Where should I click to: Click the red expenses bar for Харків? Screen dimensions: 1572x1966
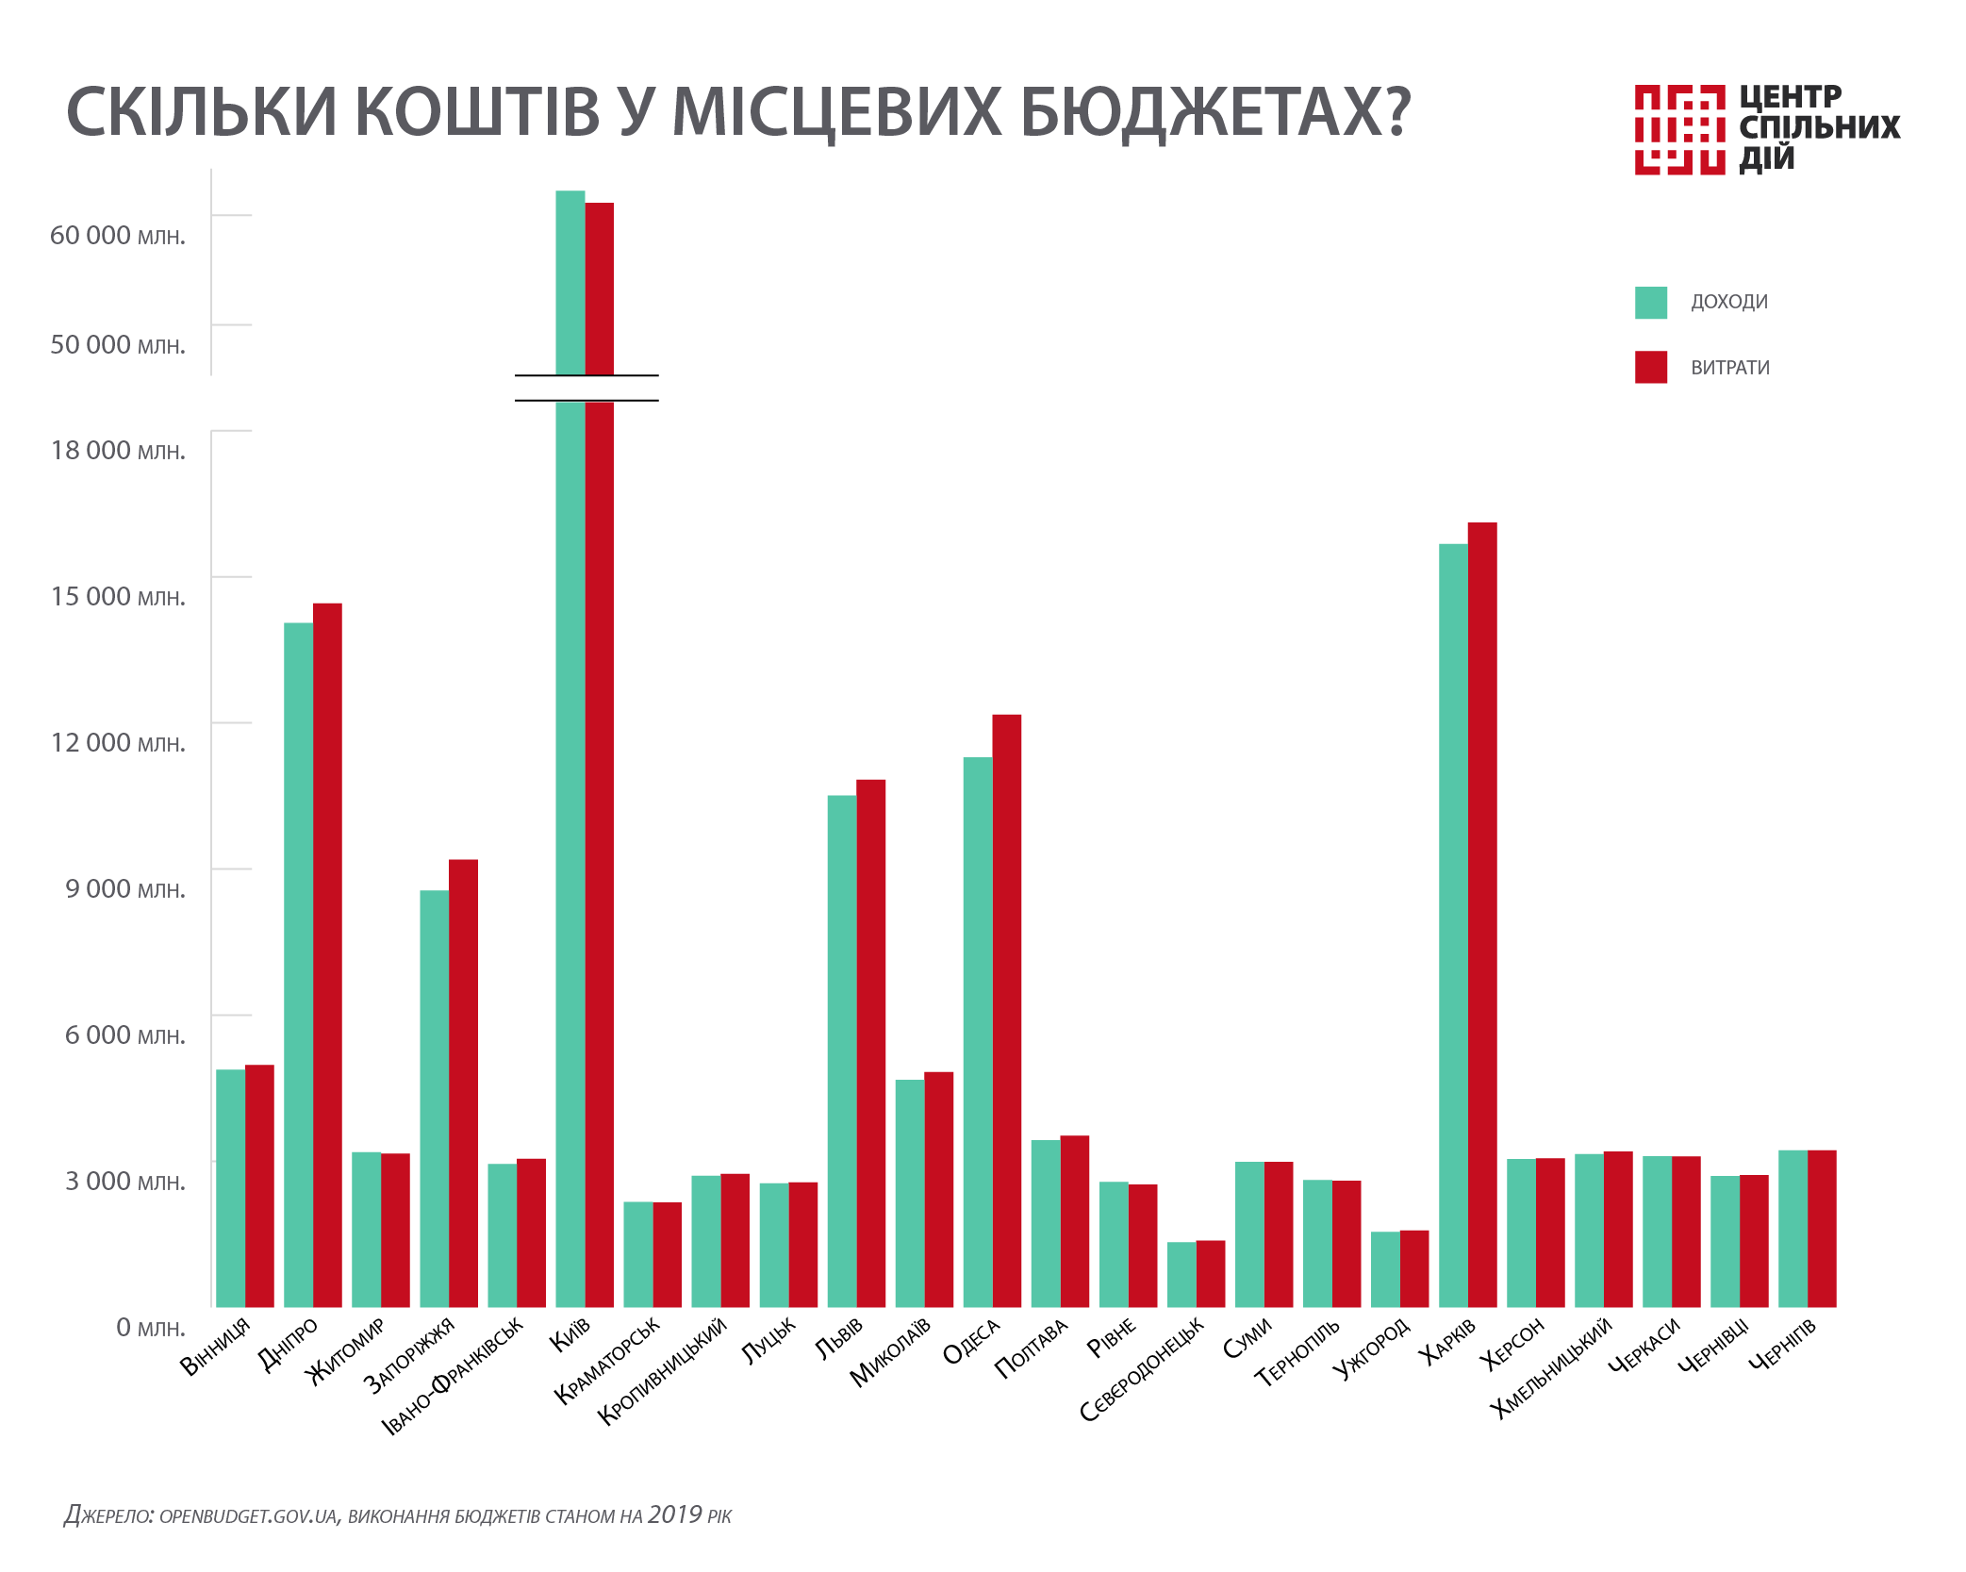tap(1482, 915)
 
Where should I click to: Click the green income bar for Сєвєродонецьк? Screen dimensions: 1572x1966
tap(1181, 1274)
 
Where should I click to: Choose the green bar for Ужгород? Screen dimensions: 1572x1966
tap(1385, 1268)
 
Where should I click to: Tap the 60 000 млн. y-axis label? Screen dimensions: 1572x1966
tap(117, 236)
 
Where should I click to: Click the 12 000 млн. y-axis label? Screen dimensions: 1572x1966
tap(117, 743)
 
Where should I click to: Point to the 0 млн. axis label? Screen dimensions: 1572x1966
tap(150, 1328)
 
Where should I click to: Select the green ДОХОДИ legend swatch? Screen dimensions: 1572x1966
tap(1650, 303)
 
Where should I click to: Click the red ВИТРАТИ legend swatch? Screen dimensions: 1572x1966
tap(1650, 367)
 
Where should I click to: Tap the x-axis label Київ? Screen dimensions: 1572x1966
tap(570, 1334)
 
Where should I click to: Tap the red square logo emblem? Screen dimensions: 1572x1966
tap(1679, 129)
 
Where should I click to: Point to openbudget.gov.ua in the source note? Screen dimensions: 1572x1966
tap(248, 1516)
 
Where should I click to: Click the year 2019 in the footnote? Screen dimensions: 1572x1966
tap(674, 1514)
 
